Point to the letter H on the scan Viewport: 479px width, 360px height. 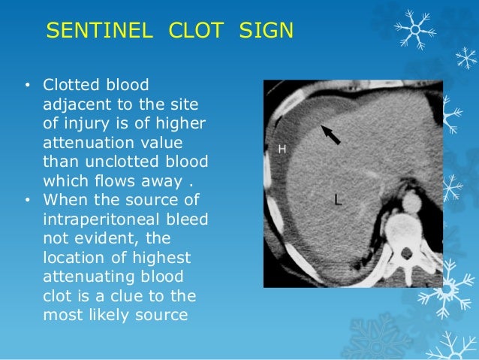(x=282, y=150)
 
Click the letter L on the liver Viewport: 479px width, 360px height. (x=339, y=199)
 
